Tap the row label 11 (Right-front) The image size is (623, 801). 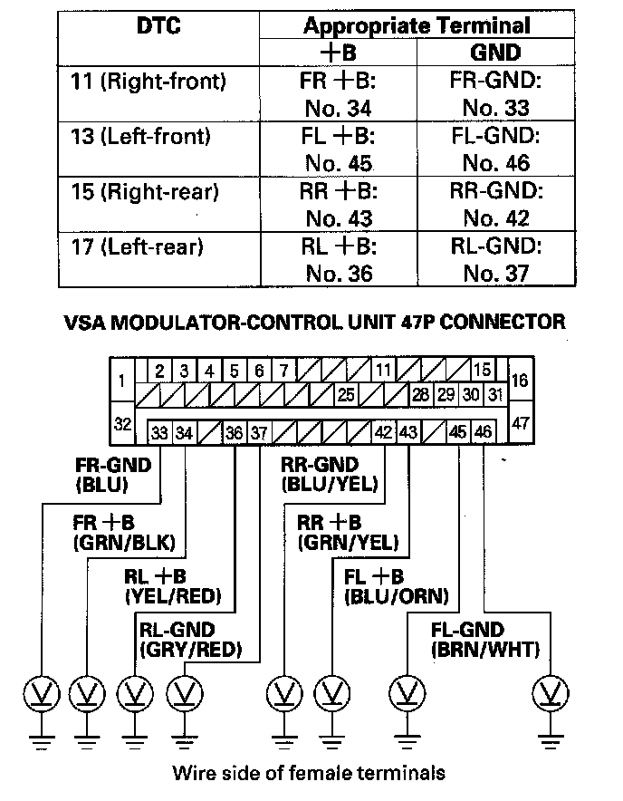click(x=148, y=82)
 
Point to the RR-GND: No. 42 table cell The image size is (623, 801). click(x=495, y=206)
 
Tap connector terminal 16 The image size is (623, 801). click(x=519, y=381)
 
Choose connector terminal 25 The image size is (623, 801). click(x=345, y=395)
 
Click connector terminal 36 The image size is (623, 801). click(x=235, y=433)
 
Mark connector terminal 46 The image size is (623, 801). click(x=483, y=433)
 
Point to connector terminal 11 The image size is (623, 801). click(x=383, y=371)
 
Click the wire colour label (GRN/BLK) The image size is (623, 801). click(x=129, y=543)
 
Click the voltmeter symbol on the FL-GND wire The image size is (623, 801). click(x=548, y=695)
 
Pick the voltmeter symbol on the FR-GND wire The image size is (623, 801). click(x=40, y=695)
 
